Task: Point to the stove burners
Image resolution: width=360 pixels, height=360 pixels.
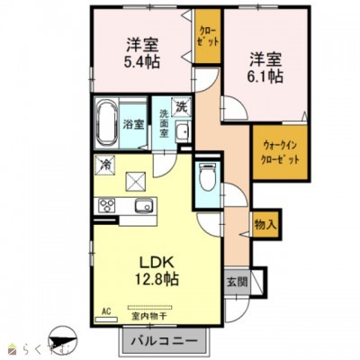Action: pyautogui.click(x=106, y=206)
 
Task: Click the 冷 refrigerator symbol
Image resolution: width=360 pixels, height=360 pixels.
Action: pyautogui.click(x=105, y=166)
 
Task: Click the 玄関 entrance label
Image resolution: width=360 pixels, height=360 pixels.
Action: pyautogui.click(x=236, y=280)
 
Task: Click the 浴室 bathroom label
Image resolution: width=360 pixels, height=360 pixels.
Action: pyautogui.click(x=132, y=124)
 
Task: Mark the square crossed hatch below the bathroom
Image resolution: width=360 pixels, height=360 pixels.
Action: pyautogui.click(x=138, y=180)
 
